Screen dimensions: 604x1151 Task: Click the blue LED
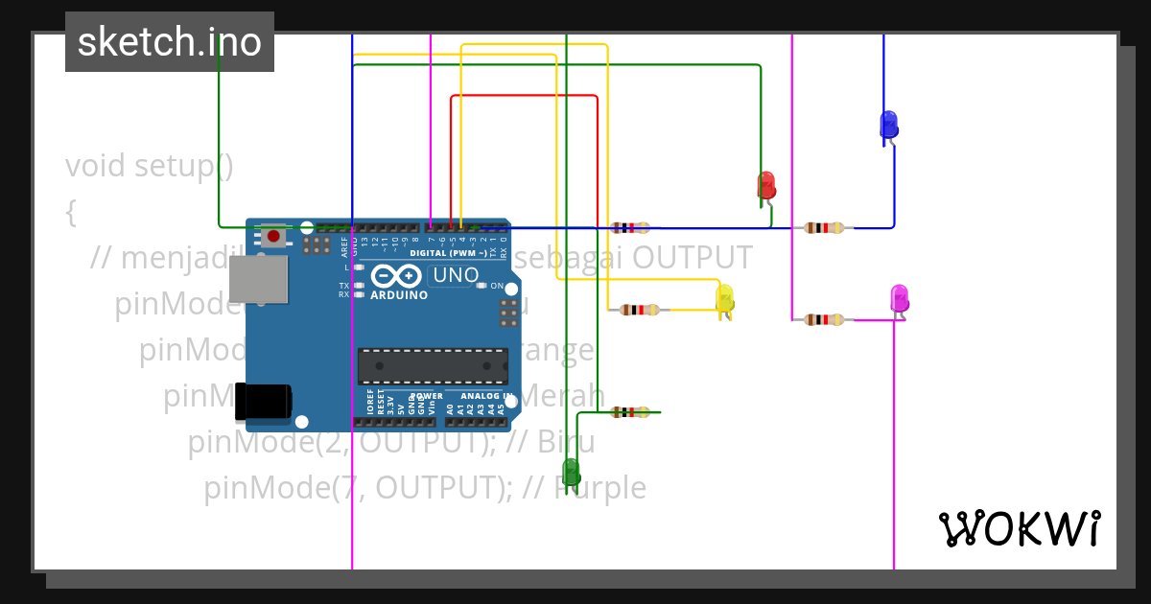pos(888,125)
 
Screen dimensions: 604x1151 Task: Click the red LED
pos(765,185)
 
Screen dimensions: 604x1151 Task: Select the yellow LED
pos(724,298)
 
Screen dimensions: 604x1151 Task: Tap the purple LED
pos(899,298)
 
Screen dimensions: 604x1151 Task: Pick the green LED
pos(571,472)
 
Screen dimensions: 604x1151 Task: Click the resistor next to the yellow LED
pos(639,310)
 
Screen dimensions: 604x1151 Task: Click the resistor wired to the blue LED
pos(824,227)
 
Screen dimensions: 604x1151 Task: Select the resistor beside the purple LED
pos(824,319)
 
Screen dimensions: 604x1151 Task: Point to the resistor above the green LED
pos(629,412)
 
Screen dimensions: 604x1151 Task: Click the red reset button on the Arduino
pos(273,236)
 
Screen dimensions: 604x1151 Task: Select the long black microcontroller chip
pos(433,365)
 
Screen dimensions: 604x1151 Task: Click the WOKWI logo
pos(1019,528)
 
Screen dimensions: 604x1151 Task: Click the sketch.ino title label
pos(170,42)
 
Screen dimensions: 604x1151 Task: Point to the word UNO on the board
pos(457,275)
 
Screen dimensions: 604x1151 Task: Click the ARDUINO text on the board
pos(398,295)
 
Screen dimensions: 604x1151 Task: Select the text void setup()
pos(150,166)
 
